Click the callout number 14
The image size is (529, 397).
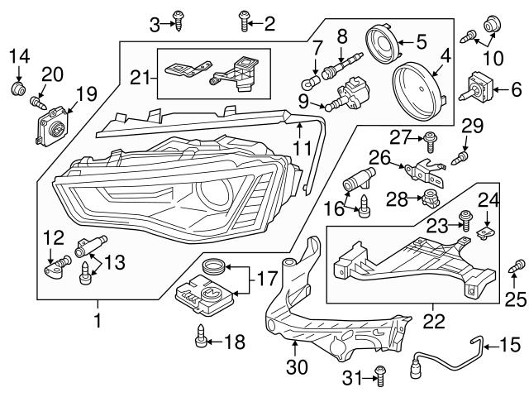coord(19,56)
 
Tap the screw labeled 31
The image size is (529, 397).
coord(379,377)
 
